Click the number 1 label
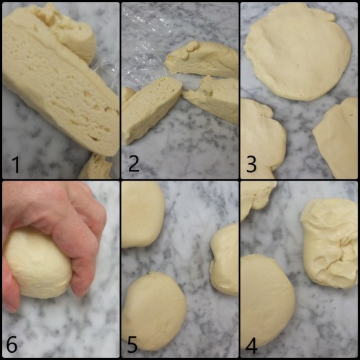pos(16,164)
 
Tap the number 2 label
pos(134,163)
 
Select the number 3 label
pos(251,164)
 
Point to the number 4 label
pos(251,346)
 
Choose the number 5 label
pos(132,344)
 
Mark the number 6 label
pos(12,344)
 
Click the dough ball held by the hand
pos(37,263)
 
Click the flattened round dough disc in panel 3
pos(297,52)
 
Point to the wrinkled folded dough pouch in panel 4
pos(330,243)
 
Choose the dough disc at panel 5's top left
pos(142,215)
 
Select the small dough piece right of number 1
pos(96,167)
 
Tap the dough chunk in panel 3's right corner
pos(337,138)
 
